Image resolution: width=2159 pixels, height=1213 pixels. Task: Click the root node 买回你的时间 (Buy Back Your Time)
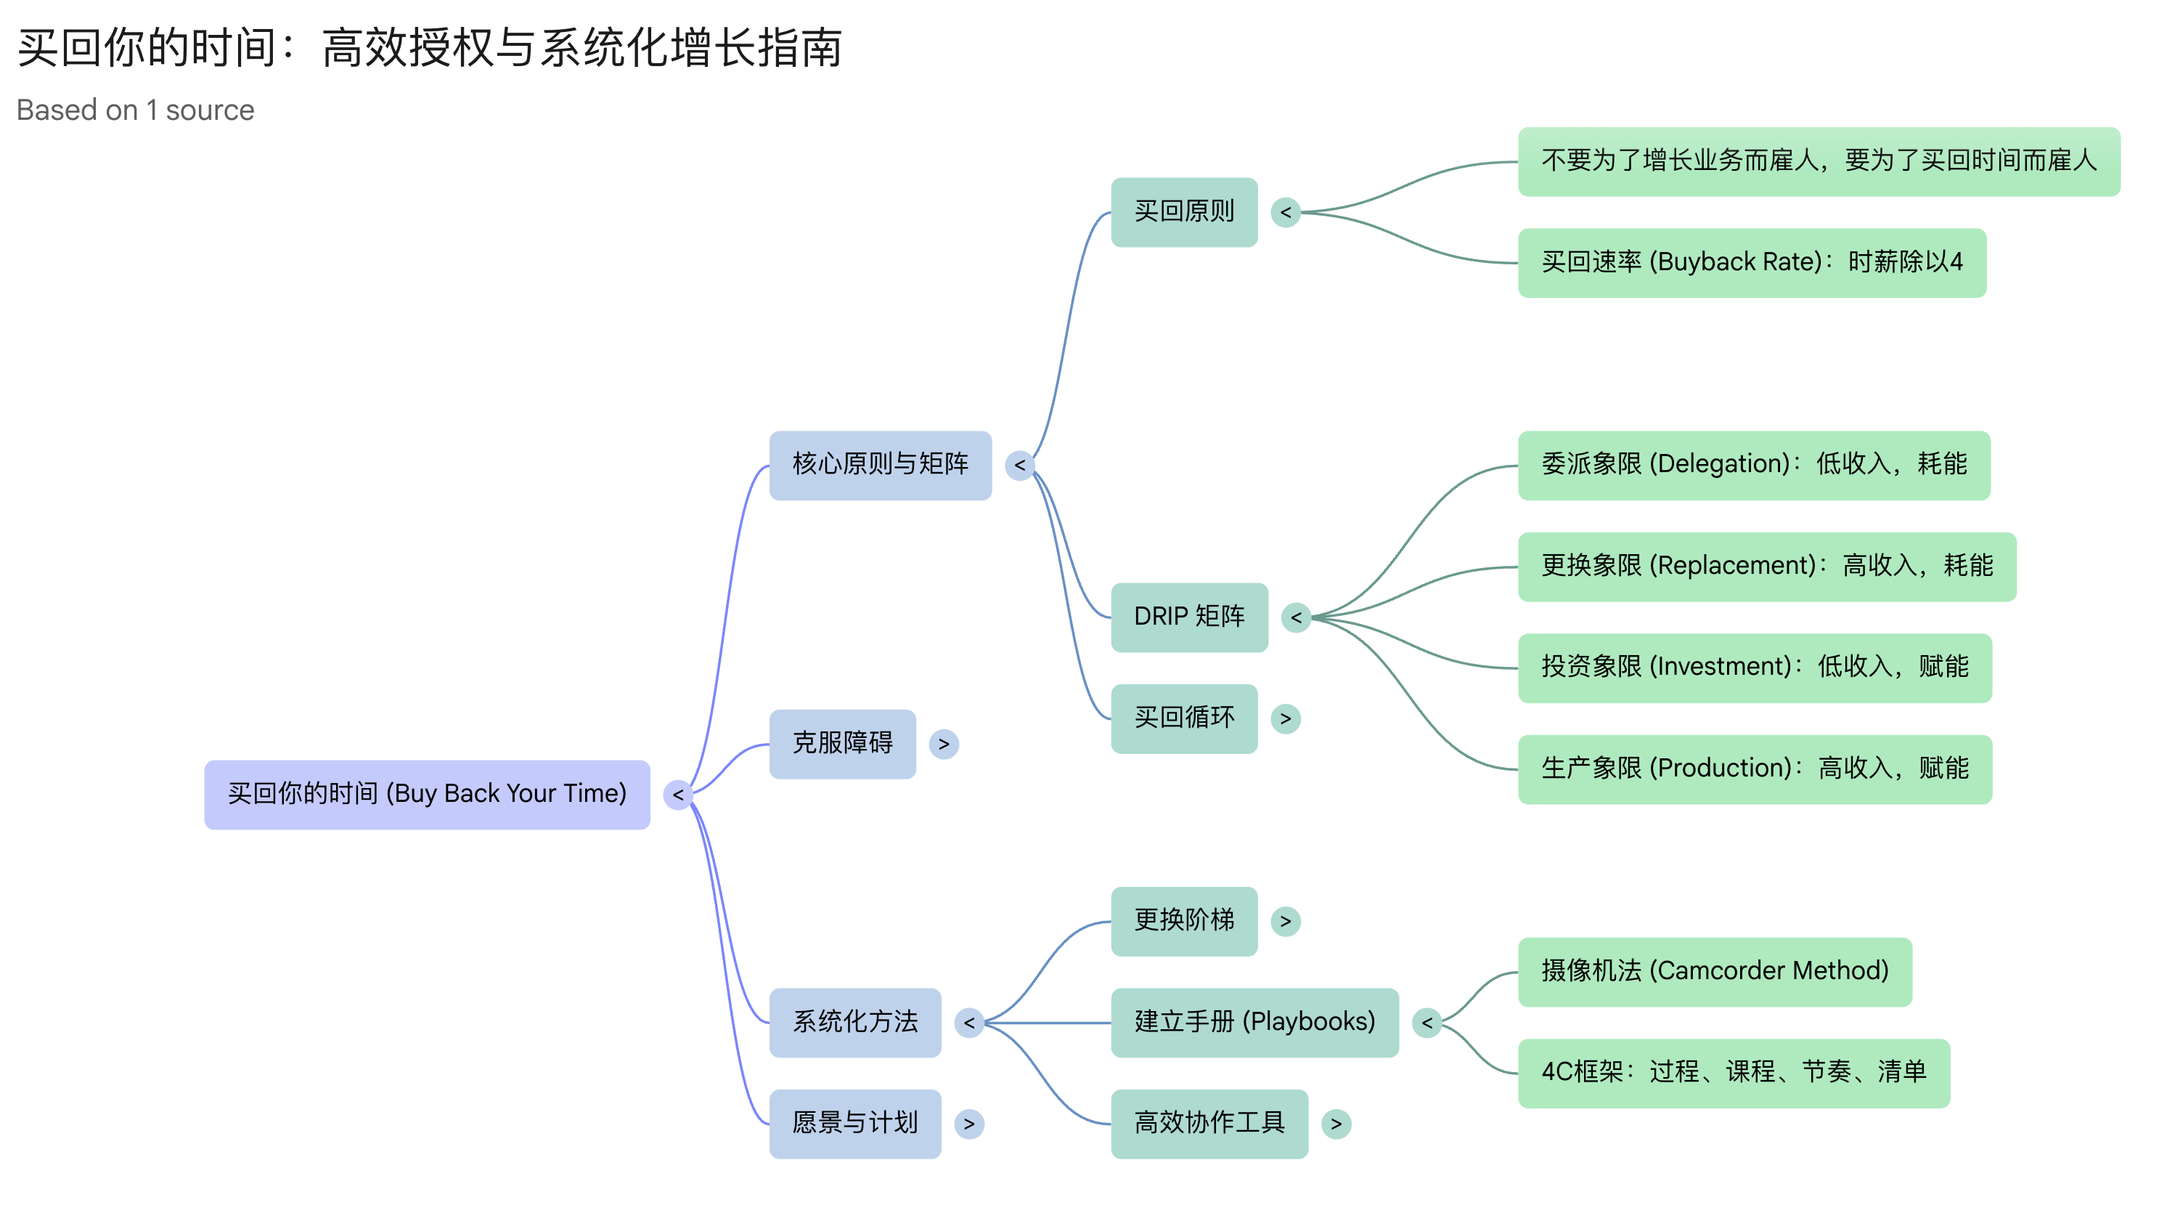pos(427,794)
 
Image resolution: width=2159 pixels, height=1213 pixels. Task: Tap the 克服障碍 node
pos(842,744)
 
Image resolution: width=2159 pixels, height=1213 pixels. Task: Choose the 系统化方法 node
pos(855,1022)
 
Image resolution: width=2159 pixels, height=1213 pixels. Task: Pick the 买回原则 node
pos(1183,212)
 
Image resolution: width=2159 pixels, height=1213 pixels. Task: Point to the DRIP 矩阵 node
pos(1188,617)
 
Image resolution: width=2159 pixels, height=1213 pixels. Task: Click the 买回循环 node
pos(1183,718)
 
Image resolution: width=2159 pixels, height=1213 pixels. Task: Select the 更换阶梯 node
pos(1183,920)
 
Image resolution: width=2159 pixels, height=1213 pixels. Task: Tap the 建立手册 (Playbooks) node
pos(1254,1022)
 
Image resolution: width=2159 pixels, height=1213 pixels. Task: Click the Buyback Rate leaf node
pos(1752,262)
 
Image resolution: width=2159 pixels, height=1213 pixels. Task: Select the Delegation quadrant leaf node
pos(1753,466)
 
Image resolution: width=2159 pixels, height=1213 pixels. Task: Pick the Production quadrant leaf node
pos(1754,768)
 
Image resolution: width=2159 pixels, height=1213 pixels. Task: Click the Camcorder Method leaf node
pos(1714,972)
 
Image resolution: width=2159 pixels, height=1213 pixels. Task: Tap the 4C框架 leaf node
pos(1734,1073)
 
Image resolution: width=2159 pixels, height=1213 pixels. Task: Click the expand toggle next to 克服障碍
pos(944,745)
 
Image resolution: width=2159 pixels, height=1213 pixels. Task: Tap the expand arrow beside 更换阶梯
pos(1285,921)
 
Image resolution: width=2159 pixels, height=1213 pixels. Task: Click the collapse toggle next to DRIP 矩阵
pos(1296,618)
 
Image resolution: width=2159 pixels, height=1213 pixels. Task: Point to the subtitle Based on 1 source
pos(135,110)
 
